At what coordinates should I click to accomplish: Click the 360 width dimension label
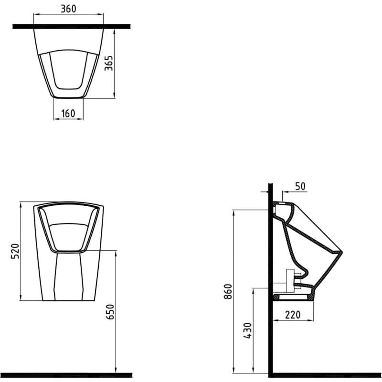coord(68,9)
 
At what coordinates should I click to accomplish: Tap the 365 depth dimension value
coord(109,64)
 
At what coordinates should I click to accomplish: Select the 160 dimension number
coord(68,113)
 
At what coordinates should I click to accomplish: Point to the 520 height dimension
coord(15,251)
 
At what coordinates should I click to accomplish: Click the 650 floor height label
coord(110,312)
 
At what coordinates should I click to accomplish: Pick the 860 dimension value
coord(228,291)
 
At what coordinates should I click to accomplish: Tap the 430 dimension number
coord(247,331)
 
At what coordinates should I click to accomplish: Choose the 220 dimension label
coord(293,315)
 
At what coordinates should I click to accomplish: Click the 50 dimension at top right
coord(300,186)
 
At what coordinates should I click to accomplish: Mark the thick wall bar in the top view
coord(71,26)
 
